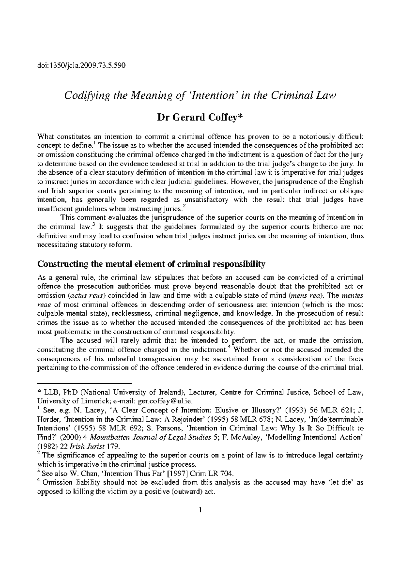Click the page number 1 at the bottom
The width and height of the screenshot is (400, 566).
click(200, 519)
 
